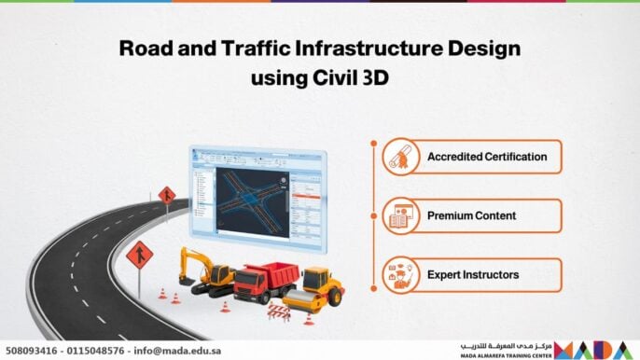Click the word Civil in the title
(325, 79)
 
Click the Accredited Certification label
(486, 157)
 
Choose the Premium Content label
(471, 215)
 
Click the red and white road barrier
(279, 311)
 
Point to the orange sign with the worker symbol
(139, 254)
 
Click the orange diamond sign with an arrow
(166, 195)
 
